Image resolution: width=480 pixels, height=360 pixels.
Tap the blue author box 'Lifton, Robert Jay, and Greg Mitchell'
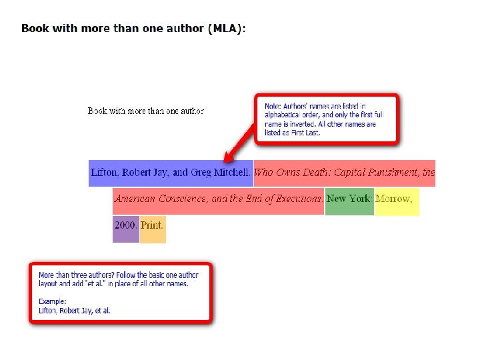click(171, 173)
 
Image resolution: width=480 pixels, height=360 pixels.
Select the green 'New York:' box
click(349, 199)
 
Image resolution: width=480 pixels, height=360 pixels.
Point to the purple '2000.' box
click(125, 225)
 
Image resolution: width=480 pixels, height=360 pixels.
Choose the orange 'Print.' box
click(152, 225)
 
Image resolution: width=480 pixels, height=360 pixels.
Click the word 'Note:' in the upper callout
click(273, 106)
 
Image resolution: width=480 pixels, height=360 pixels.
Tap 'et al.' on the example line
click(101, 311)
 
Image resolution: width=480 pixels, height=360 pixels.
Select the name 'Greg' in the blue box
click(201, 173)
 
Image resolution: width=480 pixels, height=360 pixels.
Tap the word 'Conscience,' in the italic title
click(183, 199)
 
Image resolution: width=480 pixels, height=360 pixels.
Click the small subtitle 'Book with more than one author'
click(146, 111)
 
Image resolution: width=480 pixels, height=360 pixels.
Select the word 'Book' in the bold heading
click(33, 29)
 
